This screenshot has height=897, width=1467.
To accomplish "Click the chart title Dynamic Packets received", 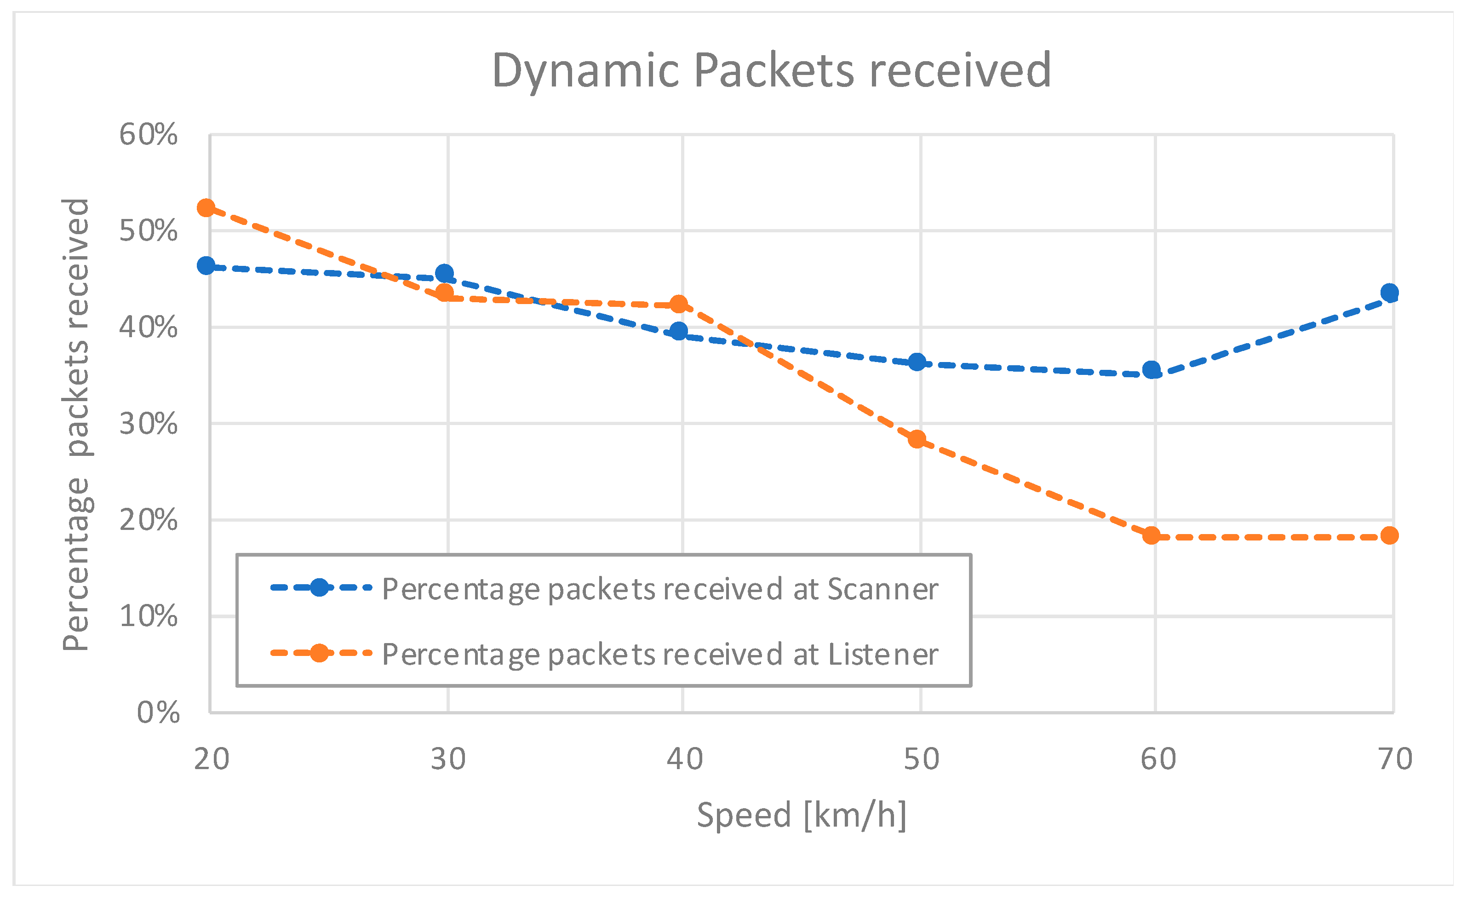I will click(771, 70).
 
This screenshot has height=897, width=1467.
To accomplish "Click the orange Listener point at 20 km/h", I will click(206, 208).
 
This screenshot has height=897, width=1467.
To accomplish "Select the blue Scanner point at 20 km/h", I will click(206, 265).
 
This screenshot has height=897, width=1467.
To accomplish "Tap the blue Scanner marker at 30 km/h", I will click(444, 273).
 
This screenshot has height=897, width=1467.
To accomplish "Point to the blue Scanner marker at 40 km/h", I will click(679, 331).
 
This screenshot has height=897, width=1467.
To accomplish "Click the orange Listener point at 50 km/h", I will click(917, 439).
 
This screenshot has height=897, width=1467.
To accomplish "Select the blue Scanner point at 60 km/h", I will click(1152, 370).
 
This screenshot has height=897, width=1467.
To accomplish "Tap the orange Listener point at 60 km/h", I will click(1152, 535).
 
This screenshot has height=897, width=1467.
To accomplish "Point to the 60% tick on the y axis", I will click(148, 135).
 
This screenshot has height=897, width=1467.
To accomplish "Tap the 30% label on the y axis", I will click(148, 424).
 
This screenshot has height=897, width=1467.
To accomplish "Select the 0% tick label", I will click(158, 713).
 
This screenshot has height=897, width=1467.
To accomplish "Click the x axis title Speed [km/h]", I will click(802, 815).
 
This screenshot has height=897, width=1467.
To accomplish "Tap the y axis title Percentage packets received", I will click(76, 424).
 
